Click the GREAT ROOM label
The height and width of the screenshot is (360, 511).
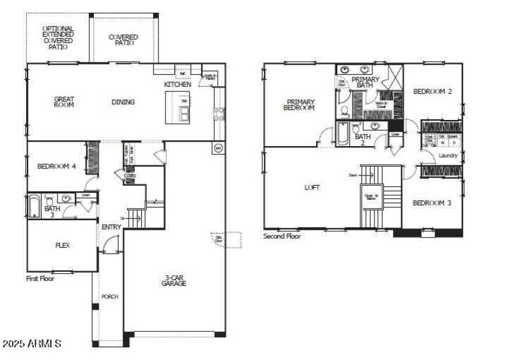click(x=64, y=101)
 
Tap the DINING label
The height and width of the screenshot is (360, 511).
click(x=123, y=102)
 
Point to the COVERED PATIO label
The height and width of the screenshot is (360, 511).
click(x=123, y=40)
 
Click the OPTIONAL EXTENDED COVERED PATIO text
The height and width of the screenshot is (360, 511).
click(x=57, y=38)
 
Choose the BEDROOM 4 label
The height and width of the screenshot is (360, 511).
click(x=57, y=167)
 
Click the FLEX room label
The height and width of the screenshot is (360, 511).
click(x=63, y=245)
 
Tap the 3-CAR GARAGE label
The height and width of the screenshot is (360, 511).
click(x=174, y=280)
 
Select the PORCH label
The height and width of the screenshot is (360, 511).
click(x=110, y=297)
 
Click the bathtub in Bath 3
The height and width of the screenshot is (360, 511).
click(x=33, y=207)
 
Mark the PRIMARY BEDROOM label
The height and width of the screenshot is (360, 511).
click(x=300, y=105)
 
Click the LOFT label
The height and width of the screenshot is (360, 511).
click(x=312, y=188)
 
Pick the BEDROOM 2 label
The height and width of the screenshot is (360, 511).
click(x=432, y=91)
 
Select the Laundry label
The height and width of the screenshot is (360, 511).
click(x=448, y=155)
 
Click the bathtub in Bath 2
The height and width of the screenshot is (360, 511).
click(x=342, y=134)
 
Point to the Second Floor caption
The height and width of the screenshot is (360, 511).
click(x=282, y=236)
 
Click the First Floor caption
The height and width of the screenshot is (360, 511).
click(x=40, y=278)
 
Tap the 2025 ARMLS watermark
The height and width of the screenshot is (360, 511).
click(x=31, y=344)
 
